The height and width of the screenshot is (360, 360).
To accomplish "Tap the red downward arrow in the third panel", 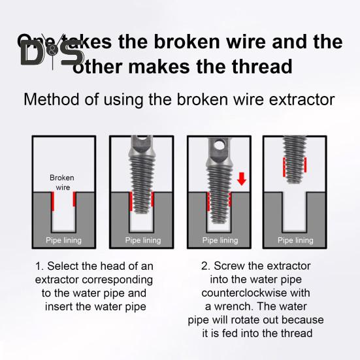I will click(241, 178).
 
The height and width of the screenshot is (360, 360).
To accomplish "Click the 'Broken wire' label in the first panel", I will click(62, 182).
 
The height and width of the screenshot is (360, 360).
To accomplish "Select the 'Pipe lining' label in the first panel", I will click(63, 240).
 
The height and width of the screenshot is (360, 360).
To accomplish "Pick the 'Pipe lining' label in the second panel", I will click(141, 240).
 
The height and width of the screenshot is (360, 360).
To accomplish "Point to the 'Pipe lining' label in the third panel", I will click(220, 240).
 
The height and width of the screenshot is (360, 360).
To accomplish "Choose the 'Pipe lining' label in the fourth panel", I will click(295, 240).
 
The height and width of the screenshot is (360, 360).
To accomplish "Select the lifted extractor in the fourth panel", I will click(295, 157).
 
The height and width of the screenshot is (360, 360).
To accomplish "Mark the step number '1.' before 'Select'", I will click(39, 267).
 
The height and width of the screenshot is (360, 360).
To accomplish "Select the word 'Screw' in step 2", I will click(228, 267).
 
